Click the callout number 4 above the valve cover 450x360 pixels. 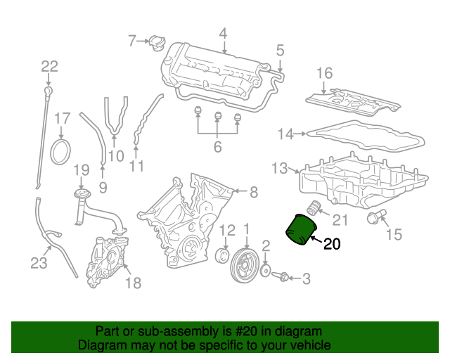pyautogui.click(x=223, y=33)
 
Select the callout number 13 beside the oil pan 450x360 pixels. pyautogui.click(x=280, y=168)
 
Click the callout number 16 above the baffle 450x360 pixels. pyautogui.click(x=323, y=73)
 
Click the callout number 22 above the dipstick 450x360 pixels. pyautogui.click(x=49, y=67)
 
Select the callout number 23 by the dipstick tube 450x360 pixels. pyautogui.click(x=38, y=263)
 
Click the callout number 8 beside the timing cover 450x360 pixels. pyautogui.click(x=254, y=191)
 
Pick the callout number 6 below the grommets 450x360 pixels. pyautogui.click(x=217, y=147)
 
